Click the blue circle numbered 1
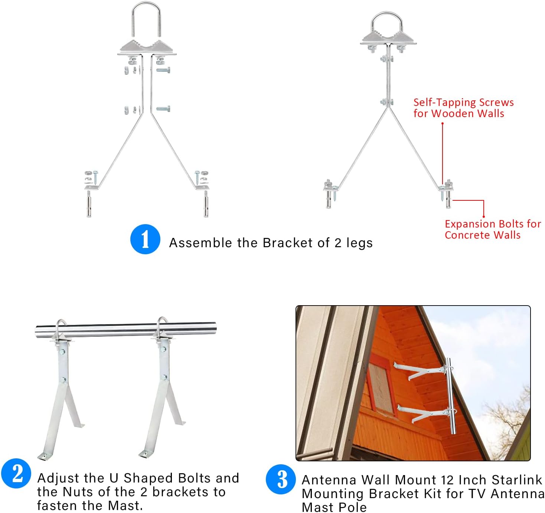coord(145,239)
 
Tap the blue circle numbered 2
coord(16,474)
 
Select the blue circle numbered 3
coord(281,479)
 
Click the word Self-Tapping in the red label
coord(444,103)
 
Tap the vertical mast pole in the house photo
coord(450,396)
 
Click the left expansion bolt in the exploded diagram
coord(89,204)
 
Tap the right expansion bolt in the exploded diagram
coord(206,204)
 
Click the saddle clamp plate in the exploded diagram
coord(147,48)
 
